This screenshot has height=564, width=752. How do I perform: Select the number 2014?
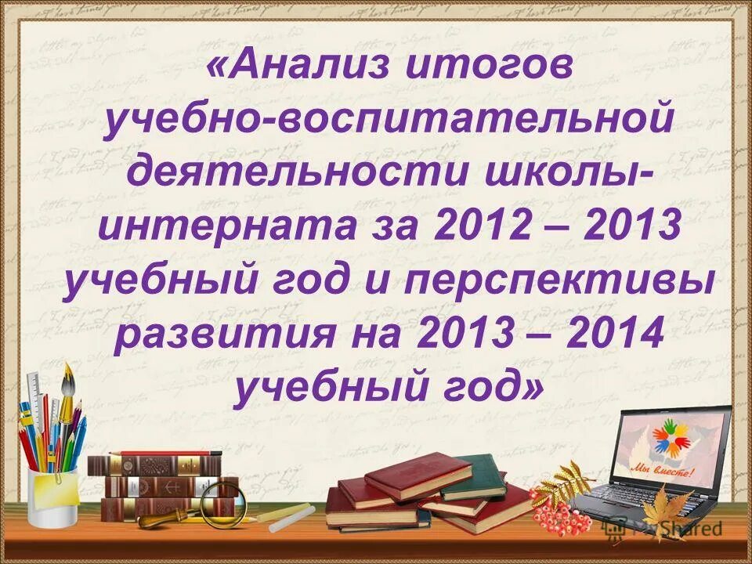point(603,335)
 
